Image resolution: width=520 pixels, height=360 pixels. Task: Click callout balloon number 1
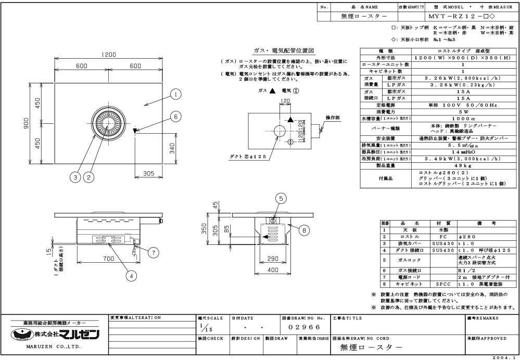coord(176,94)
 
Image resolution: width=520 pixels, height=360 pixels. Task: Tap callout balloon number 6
coord(176,117)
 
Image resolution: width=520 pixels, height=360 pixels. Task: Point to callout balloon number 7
coord(153,252)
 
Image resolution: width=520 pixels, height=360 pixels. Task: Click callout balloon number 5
coord(281,198)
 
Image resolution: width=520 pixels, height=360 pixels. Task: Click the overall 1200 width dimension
coord(108,55)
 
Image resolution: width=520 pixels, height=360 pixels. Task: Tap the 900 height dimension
coord(24,123)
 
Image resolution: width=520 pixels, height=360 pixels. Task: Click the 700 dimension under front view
coord(108,259)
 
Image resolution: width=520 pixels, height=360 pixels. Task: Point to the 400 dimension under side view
coord(272,270)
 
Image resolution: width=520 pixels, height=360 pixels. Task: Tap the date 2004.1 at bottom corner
coord(504,356)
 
